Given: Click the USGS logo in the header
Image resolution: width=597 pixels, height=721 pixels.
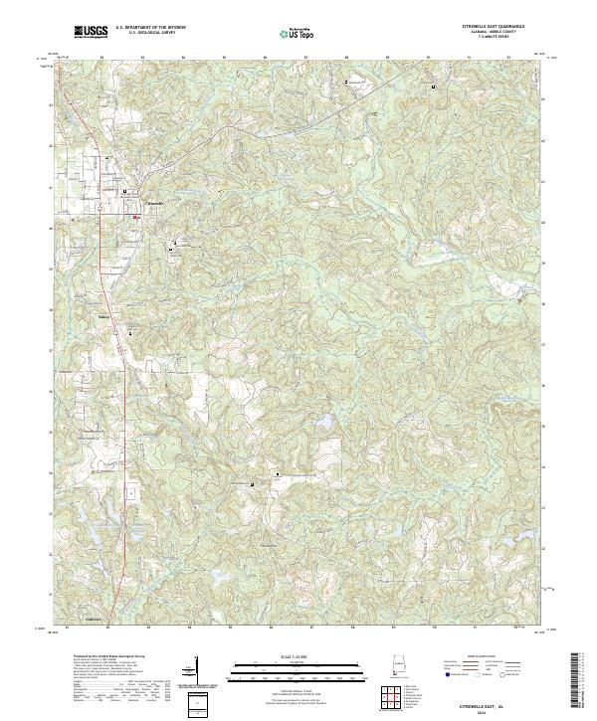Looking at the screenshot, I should point(92,33).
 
